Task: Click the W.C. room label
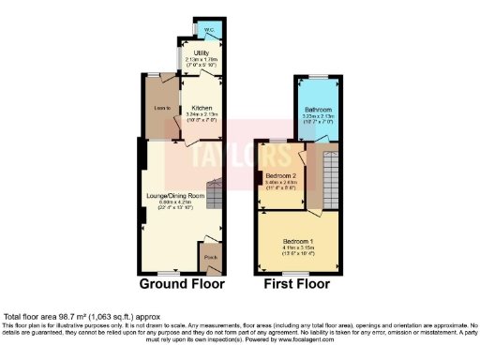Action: [x=197, y=29]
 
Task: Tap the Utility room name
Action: [x=202, y=52]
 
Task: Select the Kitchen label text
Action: [x=202, y=108]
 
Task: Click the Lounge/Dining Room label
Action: [x=175, y=195]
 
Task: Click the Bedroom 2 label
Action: [x=280, y=175]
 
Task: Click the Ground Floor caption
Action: [x=182, y=283]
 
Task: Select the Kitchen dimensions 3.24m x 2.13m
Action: [x=202, y=116]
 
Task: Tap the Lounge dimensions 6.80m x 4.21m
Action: [x=175, y=202]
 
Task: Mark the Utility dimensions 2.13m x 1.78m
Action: [x=202, y=59]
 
